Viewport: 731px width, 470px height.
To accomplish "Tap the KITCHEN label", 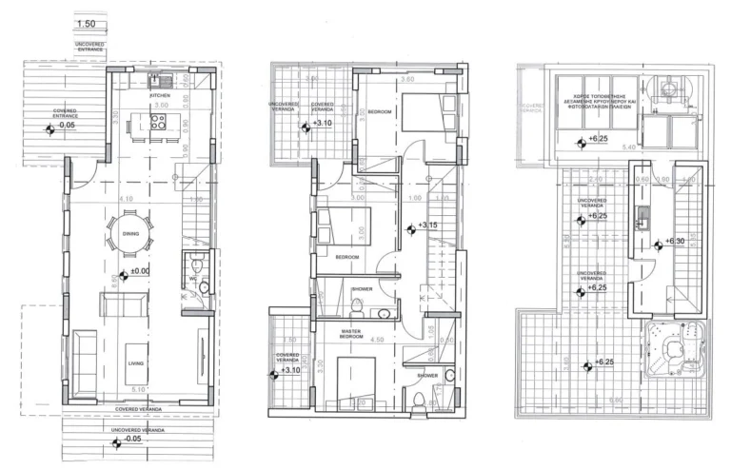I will click(x=159, y=96).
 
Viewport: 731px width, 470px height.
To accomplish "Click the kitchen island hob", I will click(x=158, y=121).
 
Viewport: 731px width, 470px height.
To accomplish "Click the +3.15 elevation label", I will click(x=427, y=226).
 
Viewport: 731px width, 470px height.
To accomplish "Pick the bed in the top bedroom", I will click(x=420, y=115).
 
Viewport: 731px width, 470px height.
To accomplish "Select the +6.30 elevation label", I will click(x=675, y=242).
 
